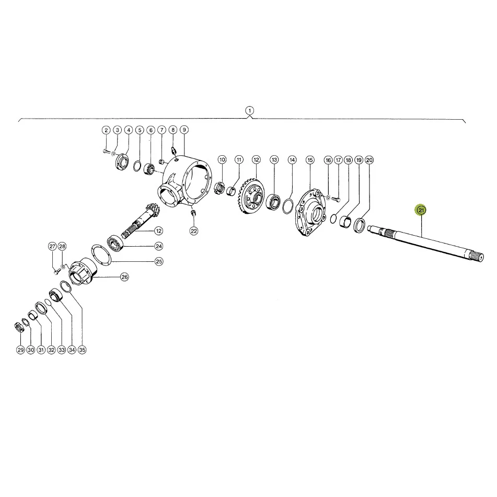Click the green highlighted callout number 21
(x=421, y=210)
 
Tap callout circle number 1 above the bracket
(x=250, y=111)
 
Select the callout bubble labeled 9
(x=184, y=130)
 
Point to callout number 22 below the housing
(x=194, y=231)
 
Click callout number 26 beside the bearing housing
(x=124, y=277)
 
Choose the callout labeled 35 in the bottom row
(x=82, y=350)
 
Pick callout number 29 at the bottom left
(x=20, y=350)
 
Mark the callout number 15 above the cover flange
(x=310, y=160)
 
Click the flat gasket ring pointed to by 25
(x=101, y=255)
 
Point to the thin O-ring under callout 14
(x=287, y=206)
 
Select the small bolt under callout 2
(x=106, y=151)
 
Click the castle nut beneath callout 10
(x=219, y=188)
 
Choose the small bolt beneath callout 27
(x=57, y=271)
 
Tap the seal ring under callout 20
(x=360, y=225)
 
